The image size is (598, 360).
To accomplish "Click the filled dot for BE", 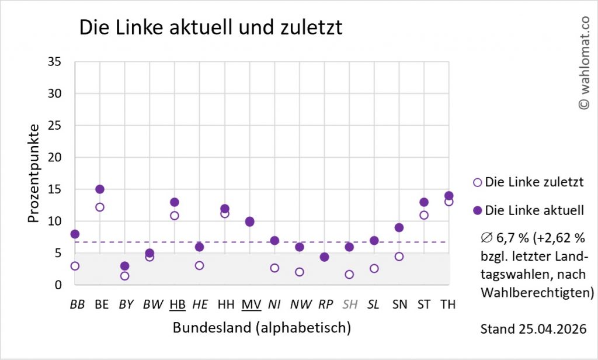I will pos(100,189).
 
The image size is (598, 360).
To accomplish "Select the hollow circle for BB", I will pos(75,266).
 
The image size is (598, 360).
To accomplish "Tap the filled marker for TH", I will pos(448,196).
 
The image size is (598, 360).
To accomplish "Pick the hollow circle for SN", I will pos(399,257).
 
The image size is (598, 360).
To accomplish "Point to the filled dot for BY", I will pos(124,266).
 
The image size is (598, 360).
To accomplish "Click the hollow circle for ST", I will pos(424,215).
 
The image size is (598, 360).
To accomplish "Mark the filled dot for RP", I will pos(324,257).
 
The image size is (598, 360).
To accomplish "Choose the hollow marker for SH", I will pos(349,274).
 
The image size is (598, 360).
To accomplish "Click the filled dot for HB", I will pos(175,202).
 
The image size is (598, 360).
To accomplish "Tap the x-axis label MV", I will pos(251,304).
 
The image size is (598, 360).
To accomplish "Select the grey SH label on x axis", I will pos(349,304).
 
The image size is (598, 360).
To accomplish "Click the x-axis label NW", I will pos(300,304).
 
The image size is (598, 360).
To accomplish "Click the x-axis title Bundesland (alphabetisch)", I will pos(262,328).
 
